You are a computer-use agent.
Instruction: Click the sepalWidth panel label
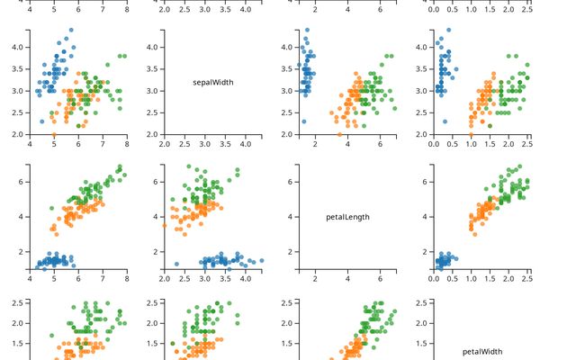click(x=213, y=82)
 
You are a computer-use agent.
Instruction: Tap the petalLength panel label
click(x=347, y=217)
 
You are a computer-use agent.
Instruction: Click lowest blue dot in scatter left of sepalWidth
click(x=42, y=121)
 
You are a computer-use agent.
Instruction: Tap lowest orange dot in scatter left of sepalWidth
click(x=54, y=134)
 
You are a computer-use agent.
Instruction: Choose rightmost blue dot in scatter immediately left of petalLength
click(x=261, y=261)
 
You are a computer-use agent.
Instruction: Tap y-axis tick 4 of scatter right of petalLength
click(x=427, y=216)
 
